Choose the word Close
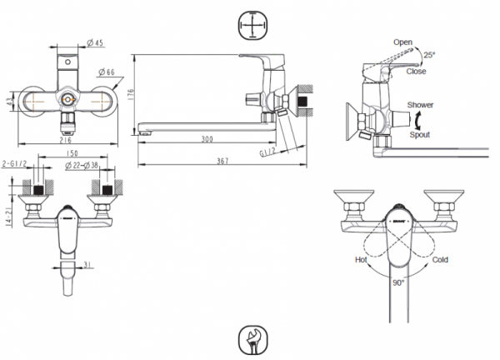point(417,71)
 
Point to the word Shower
point(421,106)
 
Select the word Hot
point(361,259)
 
